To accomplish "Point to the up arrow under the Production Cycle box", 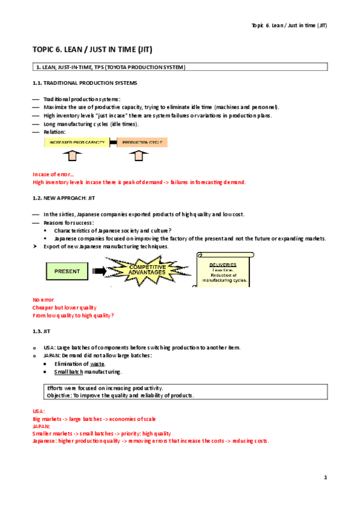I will click(x=140, y=156).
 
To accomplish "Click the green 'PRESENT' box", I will click(x=67, y=271).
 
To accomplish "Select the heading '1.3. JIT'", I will click(x=41, y=331).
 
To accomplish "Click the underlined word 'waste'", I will click(x=97, y=364).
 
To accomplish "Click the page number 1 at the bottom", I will click(x=325, y=478).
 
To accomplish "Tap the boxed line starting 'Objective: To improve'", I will click(x=120, y=395).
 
